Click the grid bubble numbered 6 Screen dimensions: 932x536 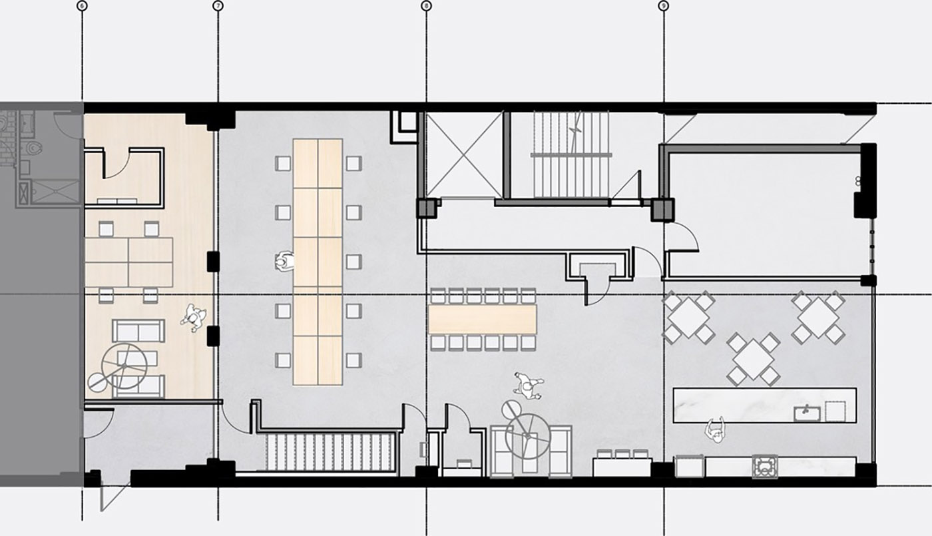click(x=83, y=6)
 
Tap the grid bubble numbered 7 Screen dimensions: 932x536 click(x=218, y=6)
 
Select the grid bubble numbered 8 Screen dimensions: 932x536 click(x=426, y=6)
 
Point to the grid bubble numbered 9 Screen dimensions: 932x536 click(x=663, y=6)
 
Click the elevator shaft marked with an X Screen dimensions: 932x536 click(x=464, y=154)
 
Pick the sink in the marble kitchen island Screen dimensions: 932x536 click(x=807, y=413)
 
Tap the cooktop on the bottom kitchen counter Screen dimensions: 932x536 click(x=765, y=467)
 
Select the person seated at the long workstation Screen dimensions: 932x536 click(x=284, y=261)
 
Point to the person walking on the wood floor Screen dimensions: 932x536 click(x=194, y=317)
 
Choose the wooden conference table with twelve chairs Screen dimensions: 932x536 click(x=482, y=319)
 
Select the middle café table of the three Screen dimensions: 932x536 click(x=753, y=359)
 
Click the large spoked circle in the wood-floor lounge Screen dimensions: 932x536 click(x=124, y=366)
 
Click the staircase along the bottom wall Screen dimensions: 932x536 click(x=330, y=452)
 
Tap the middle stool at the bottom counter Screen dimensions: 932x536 click(x=622, y=453)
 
